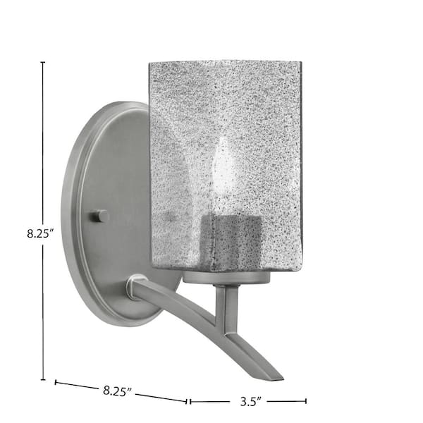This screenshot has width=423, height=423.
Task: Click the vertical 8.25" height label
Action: tap(39, 233)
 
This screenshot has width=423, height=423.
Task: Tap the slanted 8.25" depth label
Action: tap(117, 391)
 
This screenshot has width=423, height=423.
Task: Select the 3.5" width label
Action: tap(251, 402)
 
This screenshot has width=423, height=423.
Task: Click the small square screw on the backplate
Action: tap(99, 216)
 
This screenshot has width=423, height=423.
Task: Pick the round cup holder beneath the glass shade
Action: tap(226, 277)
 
